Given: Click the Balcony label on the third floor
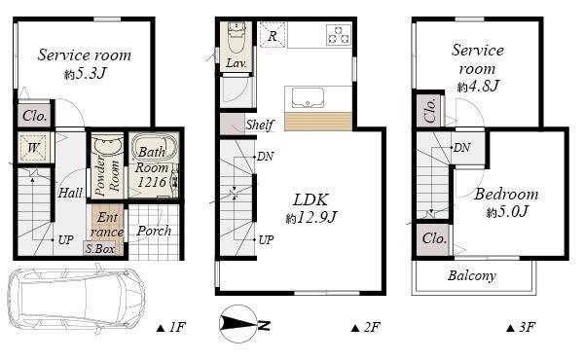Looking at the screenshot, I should (x=472, y=276).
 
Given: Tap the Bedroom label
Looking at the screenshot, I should (x=506, y=194).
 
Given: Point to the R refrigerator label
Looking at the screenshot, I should (x=274, y=36).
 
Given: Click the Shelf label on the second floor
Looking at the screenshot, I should (x=259, y=125).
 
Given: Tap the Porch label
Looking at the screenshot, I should (x=153, y=231).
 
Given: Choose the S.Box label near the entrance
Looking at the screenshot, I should (x=99, y=249).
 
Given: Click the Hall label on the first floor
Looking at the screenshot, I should (x=70, y=193).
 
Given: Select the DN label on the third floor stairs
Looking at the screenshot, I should (x=462, y=147).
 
